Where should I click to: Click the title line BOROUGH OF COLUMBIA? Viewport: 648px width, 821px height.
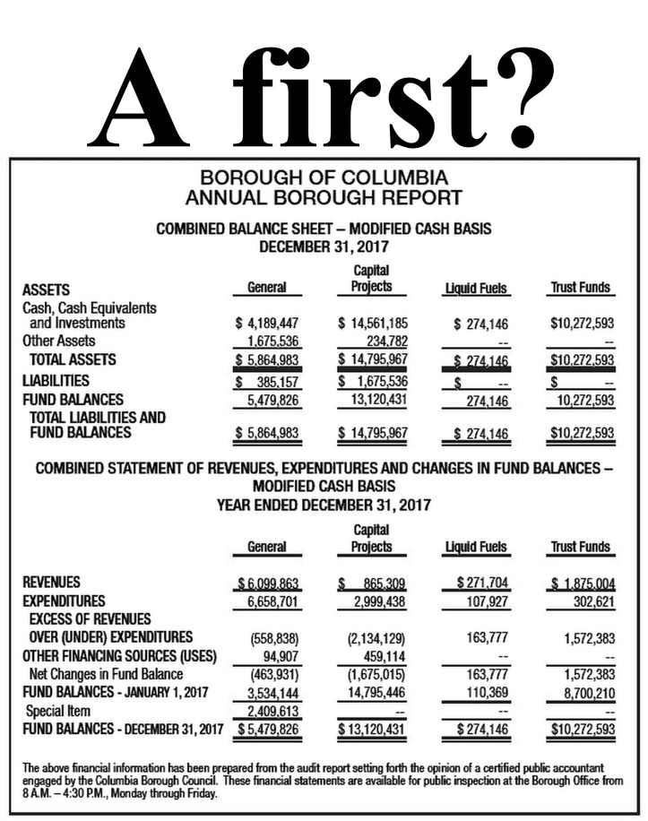pyautogui.click(x=324, y=177)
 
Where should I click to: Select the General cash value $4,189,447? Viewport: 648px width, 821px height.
pyautogui.click(x=267, y=323)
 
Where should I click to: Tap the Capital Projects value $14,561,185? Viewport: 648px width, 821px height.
pyautogui.click(x=373, y=323)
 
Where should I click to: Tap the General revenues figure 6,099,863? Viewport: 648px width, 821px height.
pyautogui.click(x=268, y=583)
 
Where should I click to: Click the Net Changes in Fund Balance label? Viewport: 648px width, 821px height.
pyautogui.click(x=106, y=674)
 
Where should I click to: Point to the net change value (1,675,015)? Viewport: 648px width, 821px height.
pyautogui.click(x=376, y=674)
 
